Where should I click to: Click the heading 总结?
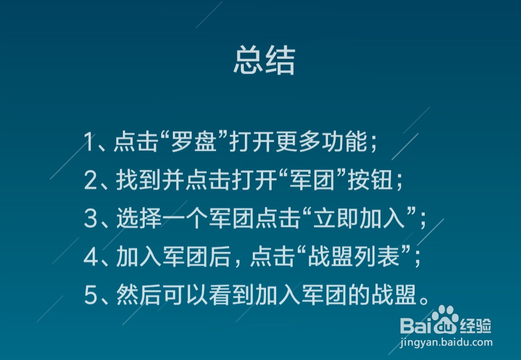(x=264, y=60)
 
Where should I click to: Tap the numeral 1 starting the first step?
(x=89, y=142)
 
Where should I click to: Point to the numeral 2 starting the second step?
(x=90, y=180)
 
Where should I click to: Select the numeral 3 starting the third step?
(x=90, y=218)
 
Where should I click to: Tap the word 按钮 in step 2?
(x=370, y=180)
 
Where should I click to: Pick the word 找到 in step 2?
(x=139, y=180)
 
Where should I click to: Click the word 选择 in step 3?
(x=139, y=218)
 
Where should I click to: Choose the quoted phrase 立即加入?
(x=359, y=218)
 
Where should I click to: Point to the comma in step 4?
(x=237, y=264)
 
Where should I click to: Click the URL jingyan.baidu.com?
(x=446, y=342)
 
